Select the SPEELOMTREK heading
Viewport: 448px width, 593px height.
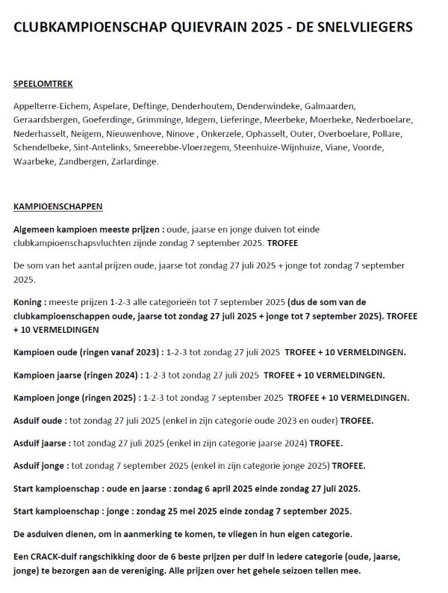point(43,84)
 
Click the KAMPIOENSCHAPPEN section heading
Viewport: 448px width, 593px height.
point(58,206)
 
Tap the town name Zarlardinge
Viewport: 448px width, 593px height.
point(134,162)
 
